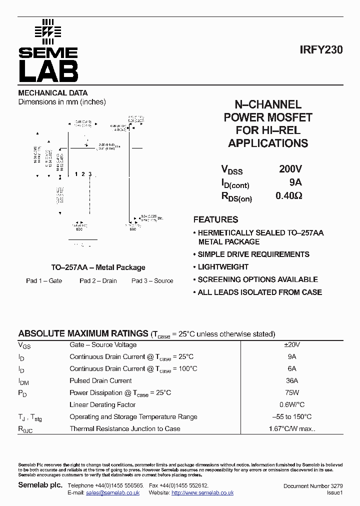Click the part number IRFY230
(321, 50)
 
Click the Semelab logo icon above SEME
(48, 30)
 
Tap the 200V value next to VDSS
(290, 169)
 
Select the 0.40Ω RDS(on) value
(288, 195)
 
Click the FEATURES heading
(215, 219)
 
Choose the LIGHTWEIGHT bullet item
(223, 267)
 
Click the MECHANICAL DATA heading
(53, 93)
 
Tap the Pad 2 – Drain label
(98, 281)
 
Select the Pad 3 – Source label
(152, 281)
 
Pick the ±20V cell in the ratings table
(292, 345)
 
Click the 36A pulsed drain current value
(292, 381)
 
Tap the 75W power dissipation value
(292, 393)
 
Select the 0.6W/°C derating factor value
(292, 405)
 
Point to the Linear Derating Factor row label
(102, 405)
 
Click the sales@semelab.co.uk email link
(112, 493)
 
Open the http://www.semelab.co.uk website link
(202, 493)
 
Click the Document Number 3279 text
(313, 486)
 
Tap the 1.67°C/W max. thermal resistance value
(292, 429)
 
